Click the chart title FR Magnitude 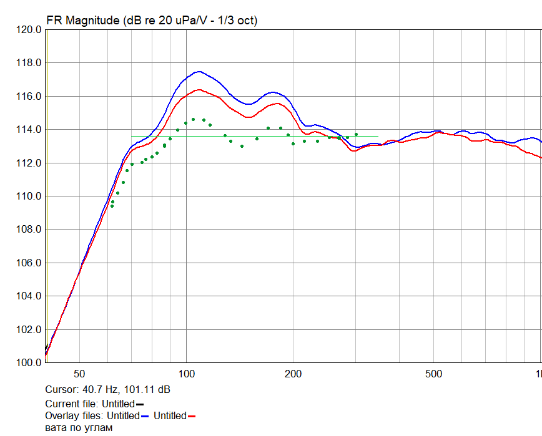[82, 21]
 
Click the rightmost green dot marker [356, 134]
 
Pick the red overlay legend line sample [192, 416]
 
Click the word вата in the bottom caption [57, 428]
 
